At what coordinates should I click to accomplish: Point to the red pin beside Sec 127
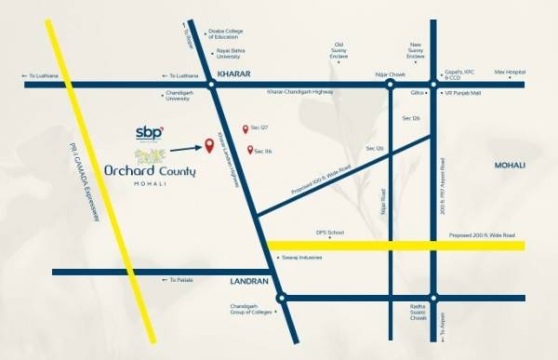coord(246,129)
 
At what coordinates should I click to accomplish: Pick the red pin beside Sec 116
coord(250,150)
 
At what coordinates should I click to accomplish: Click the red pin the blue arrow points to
coord(208,143)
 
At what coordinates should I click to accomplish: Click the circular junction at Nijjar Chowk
coord(391,85)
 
